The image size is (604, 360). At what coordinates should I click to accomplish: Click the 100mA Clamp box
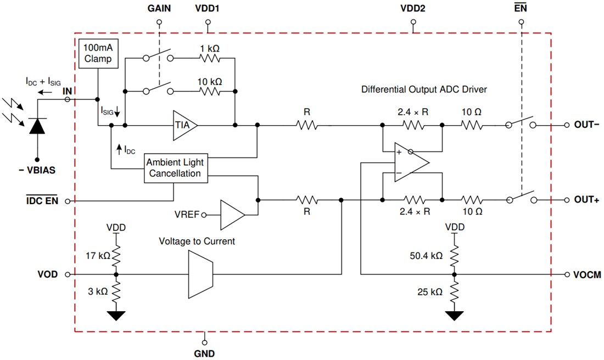pos(98,53)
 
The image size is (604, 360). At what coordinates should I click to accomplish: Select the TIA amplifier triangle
pos(184,125)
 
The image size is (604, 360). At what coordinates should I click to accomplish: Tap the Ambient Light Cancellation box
pos(174,168)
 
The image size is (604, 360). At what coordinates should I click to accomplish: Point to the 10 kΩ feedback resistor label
pos(210,81)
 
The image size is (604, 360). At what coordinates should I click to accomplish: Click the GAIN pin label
pos(159,9)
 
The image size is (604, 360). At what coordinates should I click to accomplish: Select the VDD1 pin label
pos(208,9)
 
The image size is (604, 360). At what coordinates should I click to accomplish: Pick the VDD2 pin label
pos(413,9)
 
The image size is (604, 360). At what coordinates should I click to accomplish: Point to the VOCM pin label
pos(588,274)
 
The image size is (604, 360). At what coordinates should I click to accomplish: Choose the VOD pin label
pos(47,274)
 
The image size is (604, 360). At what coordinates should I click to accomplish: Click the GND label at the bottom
pos(204,353)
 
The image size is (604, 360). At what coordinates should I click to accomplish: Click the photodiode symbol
pos(37,126)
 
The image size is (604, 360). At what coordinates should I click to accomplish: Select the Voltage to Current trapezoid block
pos(199,273)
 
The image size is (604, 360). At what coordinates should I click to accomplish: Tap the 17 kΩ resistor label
pos(97,255)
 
